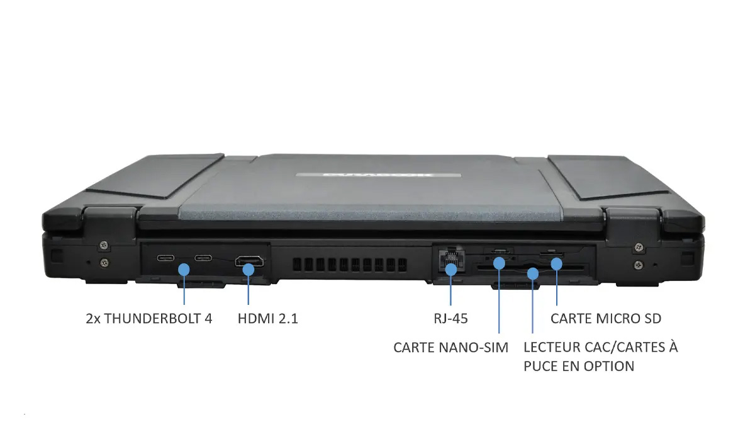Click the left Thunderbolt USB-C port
pyautogui.click(x=165, y=258)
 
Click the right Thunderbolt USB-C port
pyautogui.click(x=203, y=258)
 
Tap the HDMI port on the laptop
pyautogui.click(x=249, y=261)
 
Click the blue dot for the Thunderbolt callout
pyautogui.click(x=184, y=270)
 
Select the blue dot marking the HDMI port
pyautogui.click(x=249, y=270)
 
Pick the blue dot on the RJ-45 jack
pyautogui.click(x=451, y=270)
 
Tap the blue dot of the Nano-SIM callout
pyautogui.click(x=499, y=263)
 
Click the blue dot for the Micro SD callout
pyautogui.click(x=557, y=263)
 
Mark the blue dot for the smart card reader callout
pyautogui.click(x=532, y=273)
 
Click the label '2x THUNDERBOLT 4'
pyautogui.click(x=149, y=319)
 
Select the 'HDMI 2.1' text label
pyautogui.click(x=268, y=319)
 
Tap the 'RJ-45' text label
pyautogui.click(x=451, y=319)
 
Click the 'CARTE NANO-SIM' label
pyautogui.click(x=451, y=348)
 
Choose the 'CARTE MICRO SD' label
pyautogui.click(x=606, y=319)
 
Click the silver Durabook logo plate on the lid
pyautogui.click(x=379, y=175)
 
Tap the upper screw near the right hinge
pyautogui.click(x=639, y=247)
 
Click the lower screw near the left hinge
pyautogui.click(x=104, y=262)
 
